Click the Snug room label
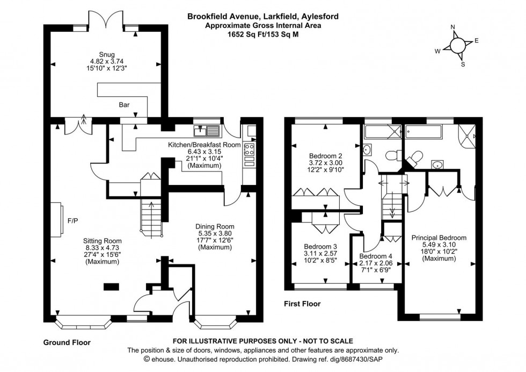tap(106, 54)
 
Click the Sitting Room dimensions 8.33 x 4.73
tap(102, 248)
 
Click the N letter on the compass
tap(452, 27)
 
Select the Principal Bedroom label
tap(439, 238)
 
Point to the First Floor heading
tap(302, 304)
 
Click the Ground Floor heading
tap(67, 342)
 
